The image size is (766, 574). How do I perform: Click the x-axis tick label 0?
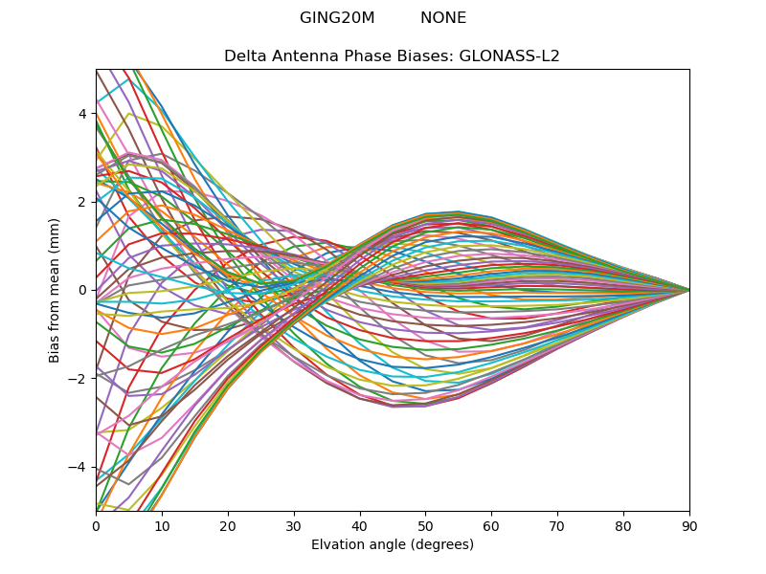[x=96, y=525]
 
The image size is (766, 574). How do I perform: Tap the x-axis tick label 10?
[x=162, y=525]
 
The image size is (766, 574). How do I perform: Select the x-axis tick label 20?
[x=228, y=525]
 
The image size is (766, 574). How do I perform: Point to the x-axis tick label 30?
[x=294, y=525]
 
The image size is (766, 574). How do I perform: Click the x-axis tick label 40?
[x=360, y=525]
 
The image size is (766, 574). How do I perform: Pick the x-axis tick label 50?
[x=425, y=525]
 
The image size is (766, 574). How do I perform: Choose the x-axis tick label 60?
[x=491, y=525]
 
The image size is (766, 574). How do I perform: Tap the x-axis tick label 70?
[x=557, y=525]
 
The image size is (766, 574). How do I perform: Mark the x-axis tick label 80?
[x=623, y=525]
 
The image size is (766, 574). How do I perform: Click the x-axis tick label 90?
[x=689, y=525]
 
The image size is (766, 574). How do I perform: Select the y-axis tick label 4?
[x=82, y=114]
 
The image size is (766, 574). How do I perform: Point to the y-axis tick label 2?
[x=82, y=202]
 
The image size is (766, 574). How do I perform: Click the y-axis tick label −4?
[x=79, y=467]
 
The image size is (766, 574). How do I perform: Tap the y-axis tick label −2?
[x=79, y=379]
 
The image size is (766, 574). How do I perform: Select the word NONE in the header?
[x=443, y=18]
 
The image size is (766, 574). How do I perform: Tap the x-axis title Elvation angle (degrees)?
[x=393, y=545]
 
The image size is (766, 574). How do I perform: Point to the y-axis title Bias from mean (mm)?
[x=55, y=289]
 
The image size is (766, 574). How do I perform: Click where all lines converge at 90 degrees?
[x=688, y=290]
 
